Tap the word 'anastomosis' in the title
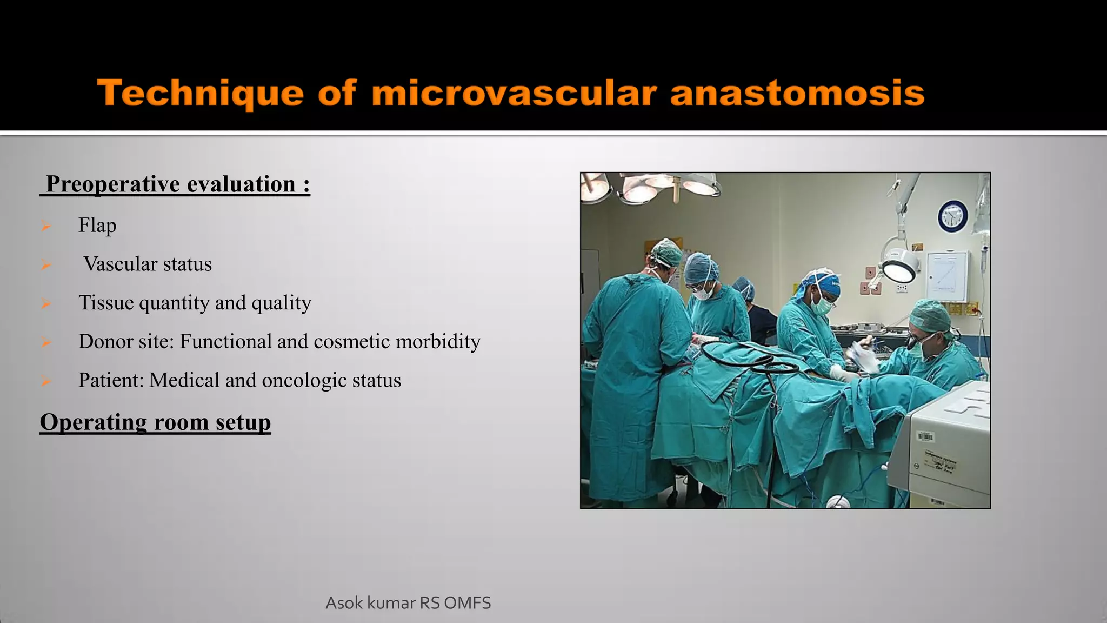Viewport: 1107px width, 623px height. point(797,93)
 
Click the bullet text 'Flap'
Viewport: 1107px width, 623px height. point(97,225)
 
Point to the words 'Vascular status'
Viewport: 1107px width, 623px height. point(147,264)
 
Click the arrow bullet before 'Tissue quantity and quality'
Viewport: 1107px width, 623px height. point(46,303)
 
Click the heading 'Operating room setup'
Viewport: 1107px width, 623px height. point(155,422)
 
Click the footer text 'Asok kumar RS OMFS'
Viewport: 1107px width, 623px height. point(408,602)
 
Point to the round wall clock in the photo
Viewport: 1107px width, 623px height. point(952,216)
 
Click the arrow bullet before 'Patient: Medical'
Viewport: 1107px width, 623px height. point(46,381)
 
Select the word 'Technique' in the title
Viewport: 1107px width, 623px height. point(200,93)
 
